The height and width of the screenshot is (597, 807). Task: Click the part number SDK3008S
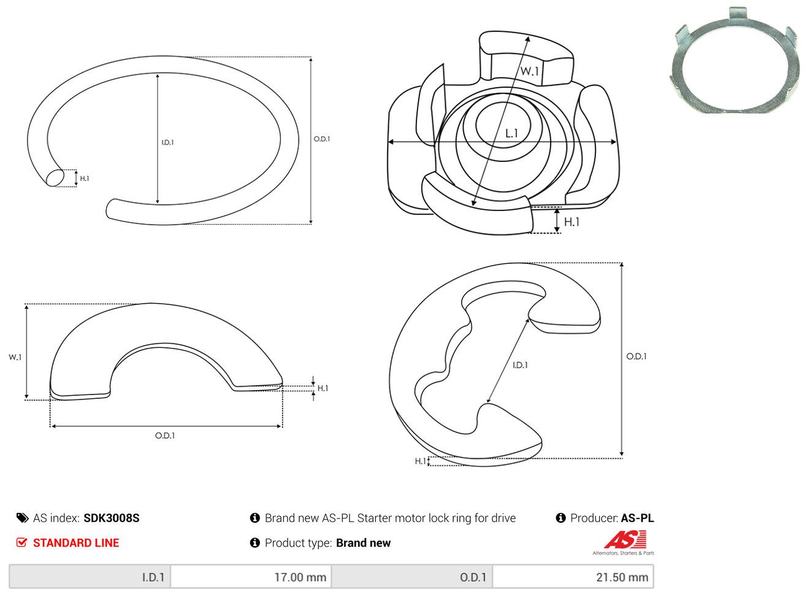[112, 518]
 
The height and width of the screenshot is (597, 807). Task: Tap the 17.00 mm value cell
[251, 577]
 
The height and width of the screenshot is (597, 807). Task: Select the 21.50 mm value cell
[573, 577]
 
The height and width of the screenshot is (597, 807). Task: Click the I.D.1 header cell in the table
[90, 577]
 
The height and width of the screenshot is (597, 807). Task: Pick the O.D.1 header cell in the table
[412, 577]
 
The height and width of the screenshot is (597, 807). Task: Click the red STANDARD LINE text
[76, 543]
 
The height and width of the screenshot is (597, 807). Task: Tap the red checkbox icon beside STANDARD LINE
[21, 542]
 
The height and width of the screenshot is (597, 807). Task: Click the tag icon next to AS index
[22, 518]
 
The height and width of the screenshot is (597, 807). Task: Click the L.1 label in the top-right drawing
[511, 134]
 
